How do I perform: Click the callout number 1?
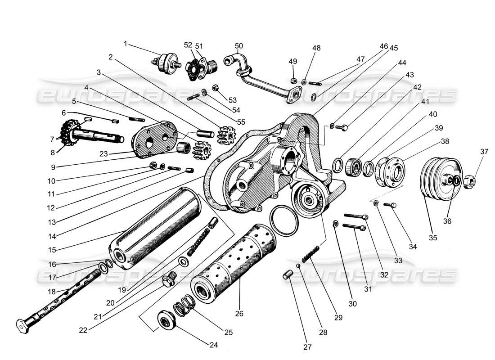coord(126,44)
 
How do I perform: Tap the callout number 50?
coord(238,45)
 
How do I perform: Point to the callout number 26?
coord(239,313)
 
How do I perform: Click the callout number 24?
coord(213,345)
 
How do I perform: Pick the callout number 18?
coord(52,292)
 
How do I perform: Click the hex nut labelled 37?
coord(472,181)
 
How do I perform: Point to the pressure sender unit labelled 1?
coord(166,62)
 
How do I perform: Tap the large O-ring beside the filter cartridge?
coord(283,220)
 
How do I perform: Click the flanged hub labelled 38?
coord(390,172)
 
